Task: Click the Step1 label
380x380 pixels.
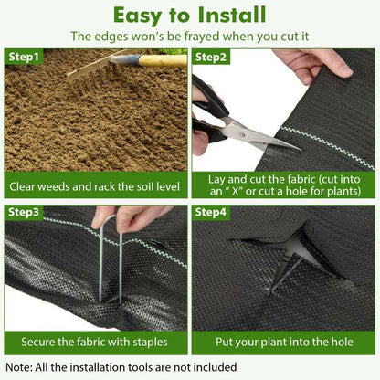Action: pos(25,57)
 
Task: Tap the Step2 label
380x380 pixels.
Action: pos(212,57)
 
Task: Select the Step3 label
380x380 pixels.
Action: pos(25,213)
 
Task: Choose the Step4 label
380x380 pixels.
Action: pos(212,213)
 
